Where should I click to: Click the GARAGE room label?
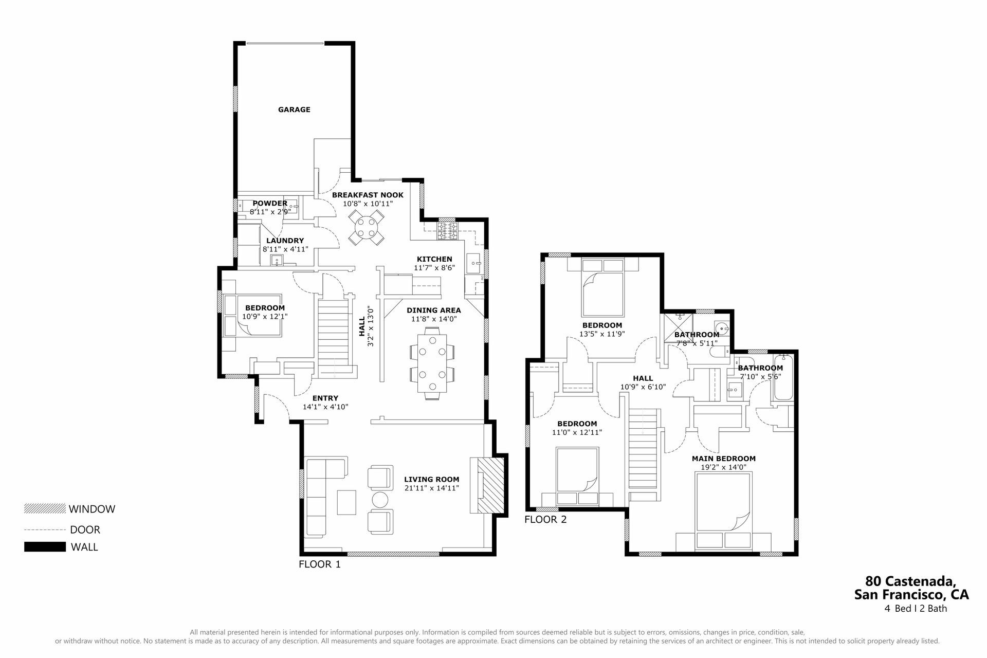[x=294, y=109]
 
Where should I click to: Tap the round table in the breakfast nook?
[x=365, y=229]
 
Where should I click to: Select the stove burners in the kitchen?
[x=447, y=231]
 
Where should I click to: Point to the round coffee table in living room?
[x=380, y=500]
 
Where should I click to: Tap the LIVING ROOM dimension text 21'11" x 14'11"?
[x=431, y=488]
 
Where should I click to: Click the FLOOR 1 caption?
[x=320, y=564]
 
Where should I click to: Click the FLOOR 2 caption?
[x=545, y=519]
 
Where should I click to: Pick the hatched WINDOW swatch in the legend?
[x=45, y=508]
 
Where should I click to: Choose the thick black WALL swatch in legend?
[x=45, y=547]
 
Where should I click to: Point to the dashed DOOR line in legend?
[x=45, y=529]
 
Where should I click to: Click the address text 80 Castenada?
[x=910, y=581]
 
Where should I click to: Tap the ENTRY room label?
[x=325, y=398]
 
